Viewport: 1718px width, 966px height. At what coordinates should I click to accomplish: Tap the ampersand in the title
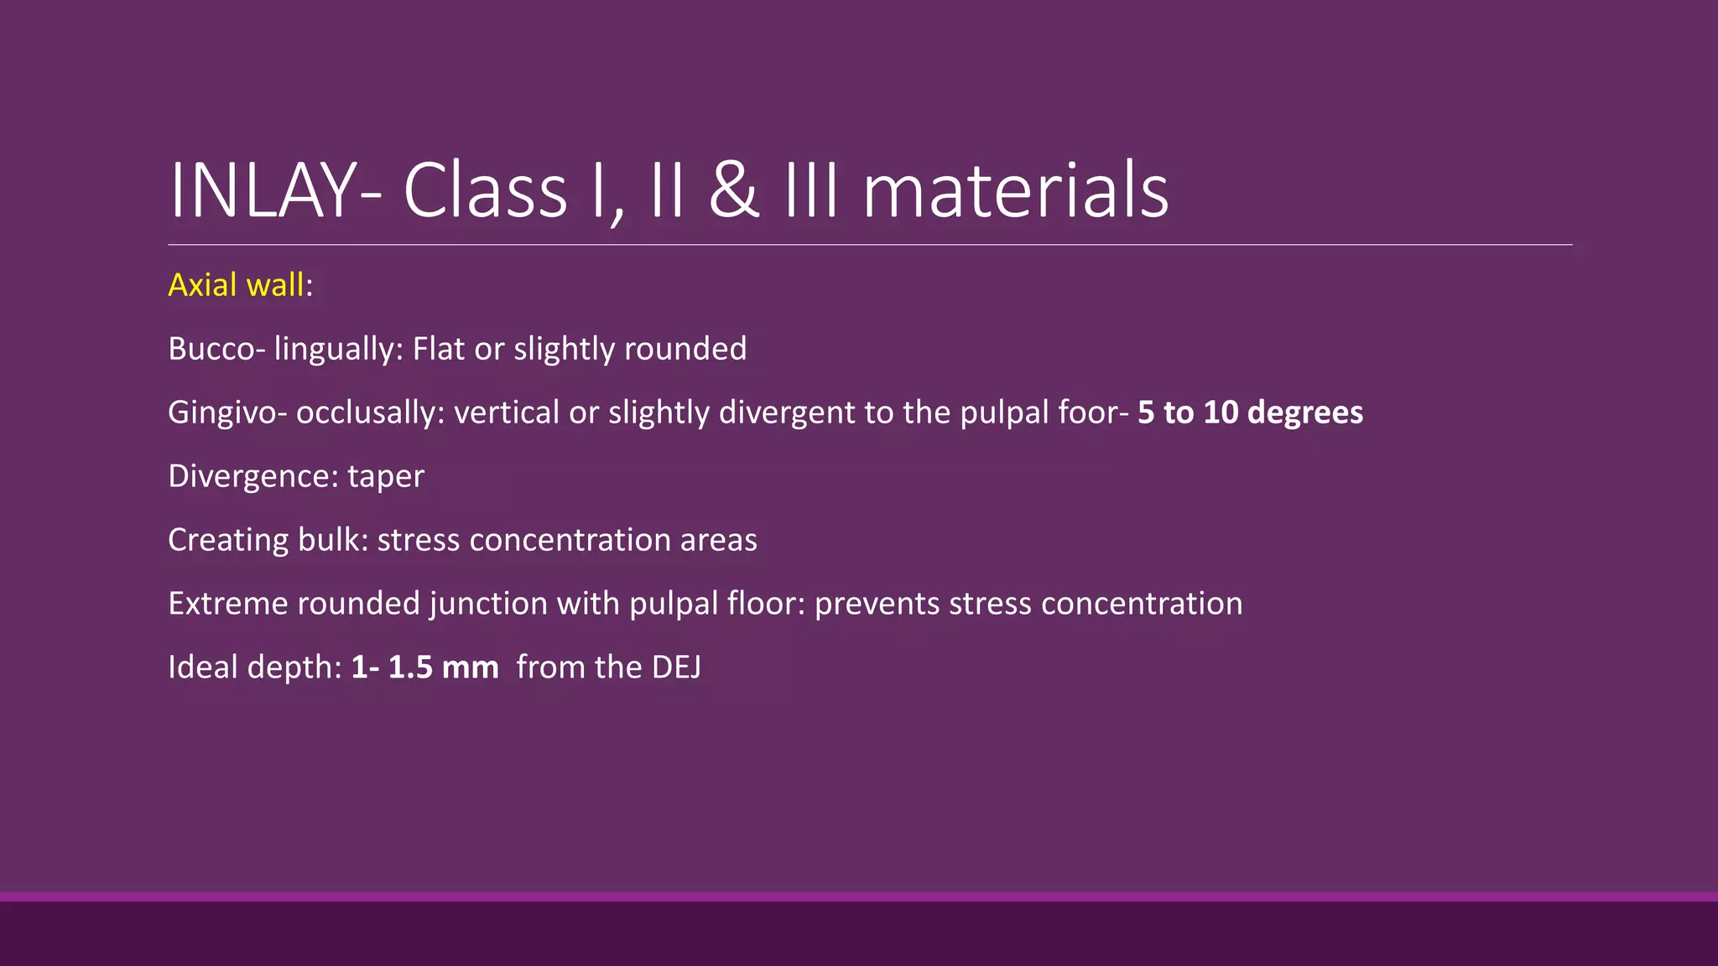pyautogui.click(x=734, y=191)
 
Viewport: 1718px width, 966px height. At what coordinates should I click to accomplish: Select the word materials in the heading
pyautogui.click(x=1015, y=191)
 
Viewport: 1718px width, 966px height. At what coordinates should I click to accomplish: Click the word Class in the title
pyautogui.click(x=485, y=191)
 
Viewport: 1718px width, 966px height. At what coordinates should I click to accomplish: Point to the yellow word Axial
pyautogui.click(x=202, y=286)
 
